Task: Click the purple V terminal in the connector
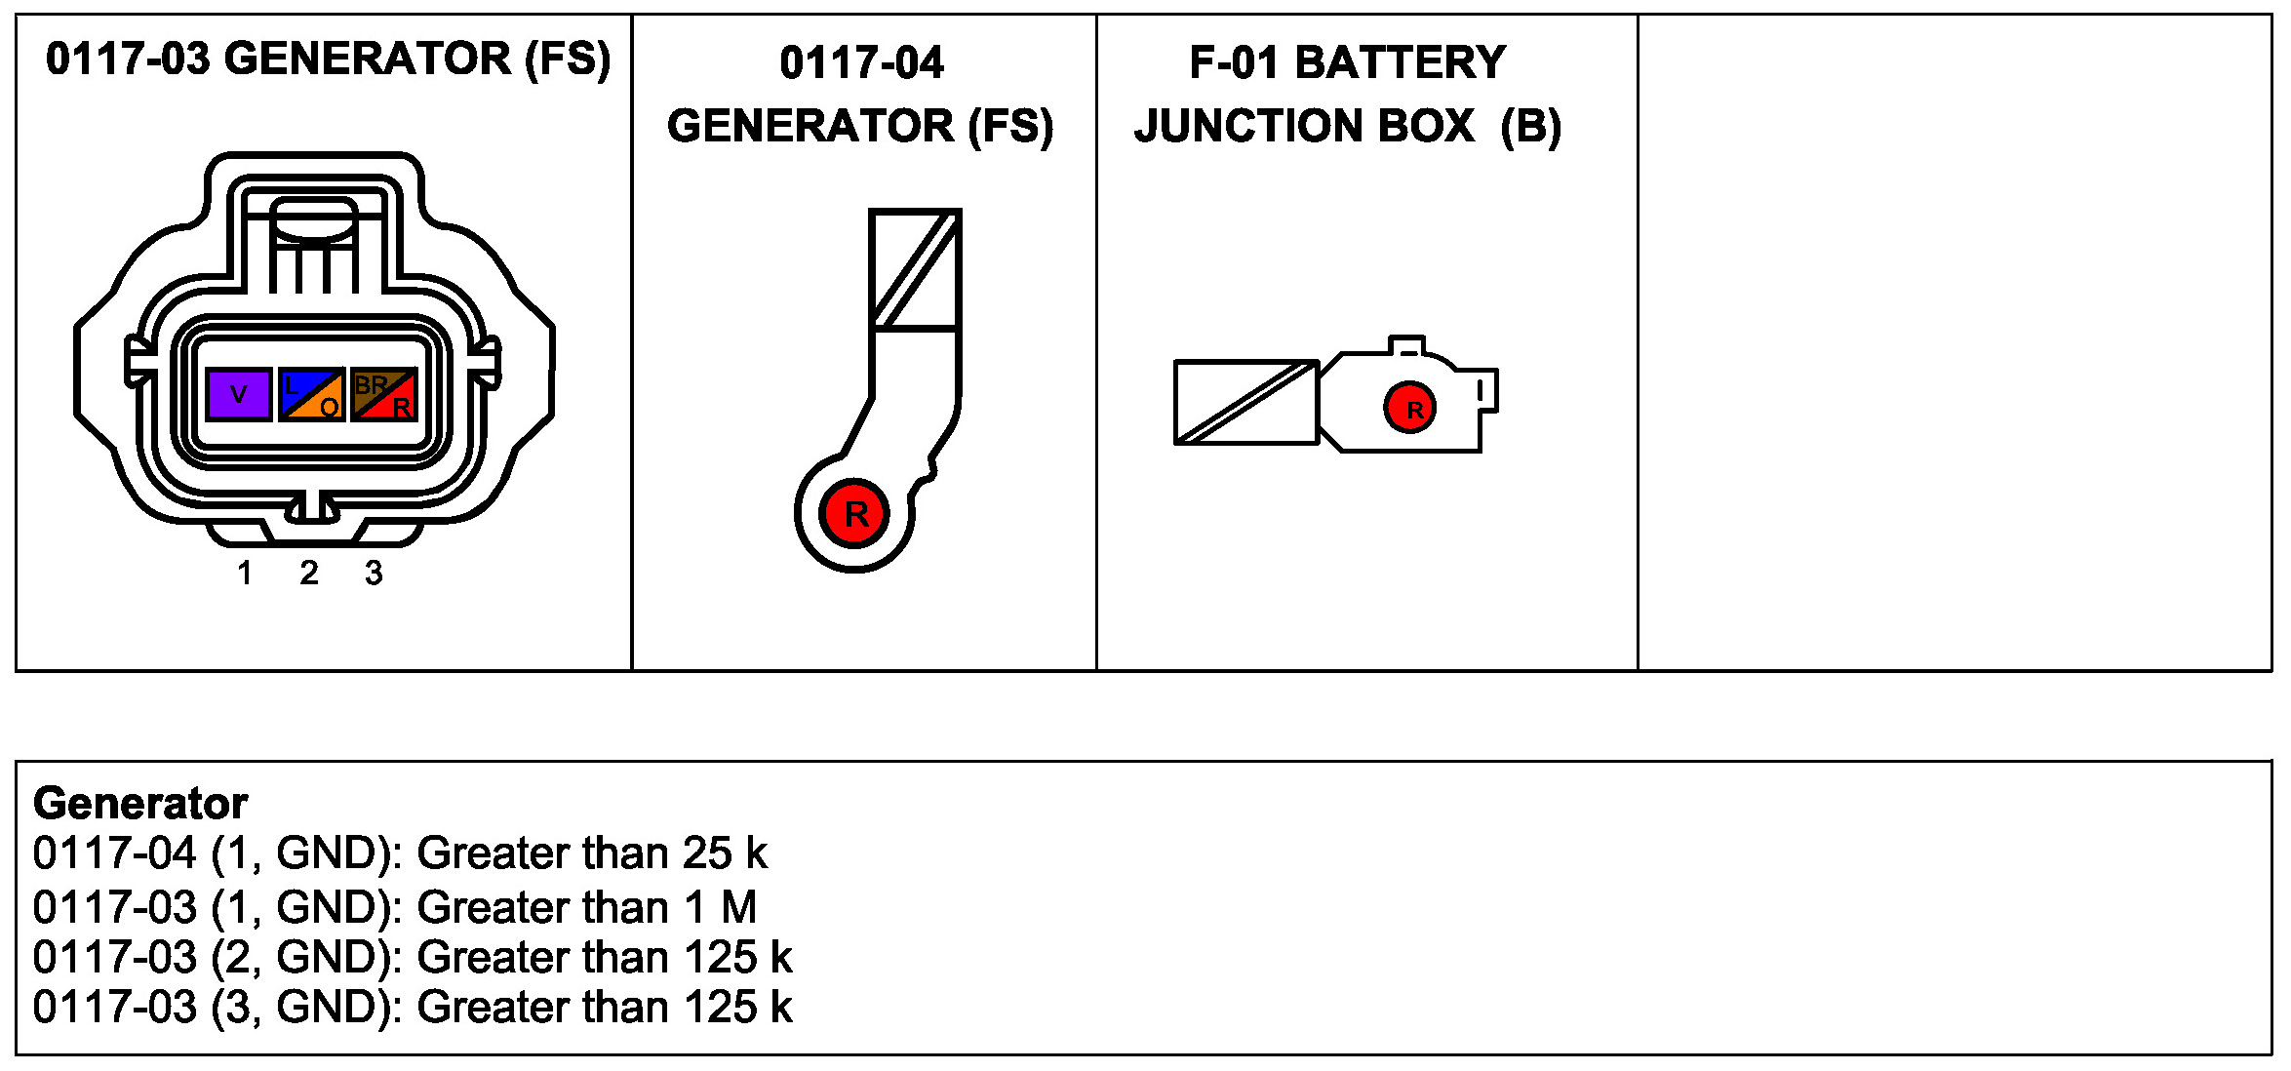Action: tap(239, 394)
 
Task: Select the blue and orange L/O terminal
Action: tap(311, 394)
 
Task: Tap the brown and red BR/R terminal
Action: tap(384, 394)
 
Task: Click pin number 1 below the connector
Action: tap(245, 573)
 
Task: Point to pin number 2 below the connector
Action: tap(309, 573)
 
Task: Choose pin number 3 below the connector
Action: tap(374, 573)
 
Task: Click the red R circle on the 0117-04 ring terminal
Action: tap(854, 513)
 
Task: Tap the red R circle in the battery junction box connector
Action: tap(1409, 408)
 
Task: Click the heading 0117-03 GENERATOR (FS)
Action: tap(328, 59)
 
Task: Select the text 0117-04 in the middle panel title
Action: tap(861, 63)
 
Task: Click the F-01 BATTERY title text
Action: tap(1347, 62)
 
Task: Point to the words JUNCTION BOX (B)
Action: tap(1347, 126)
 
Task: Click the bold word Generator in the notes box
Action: tap(140, 804)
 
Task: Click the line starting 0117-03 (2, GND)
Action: tap(412, 957)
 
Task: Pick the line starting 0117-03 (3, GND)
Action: tap(412, 1008)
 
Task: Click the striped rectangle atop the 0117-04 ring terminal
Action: tap(915, 269)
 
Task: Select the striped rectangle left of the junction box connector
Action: tap(1245, 402)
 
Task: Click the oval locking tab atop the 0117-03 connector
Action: tap(313, 219)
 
